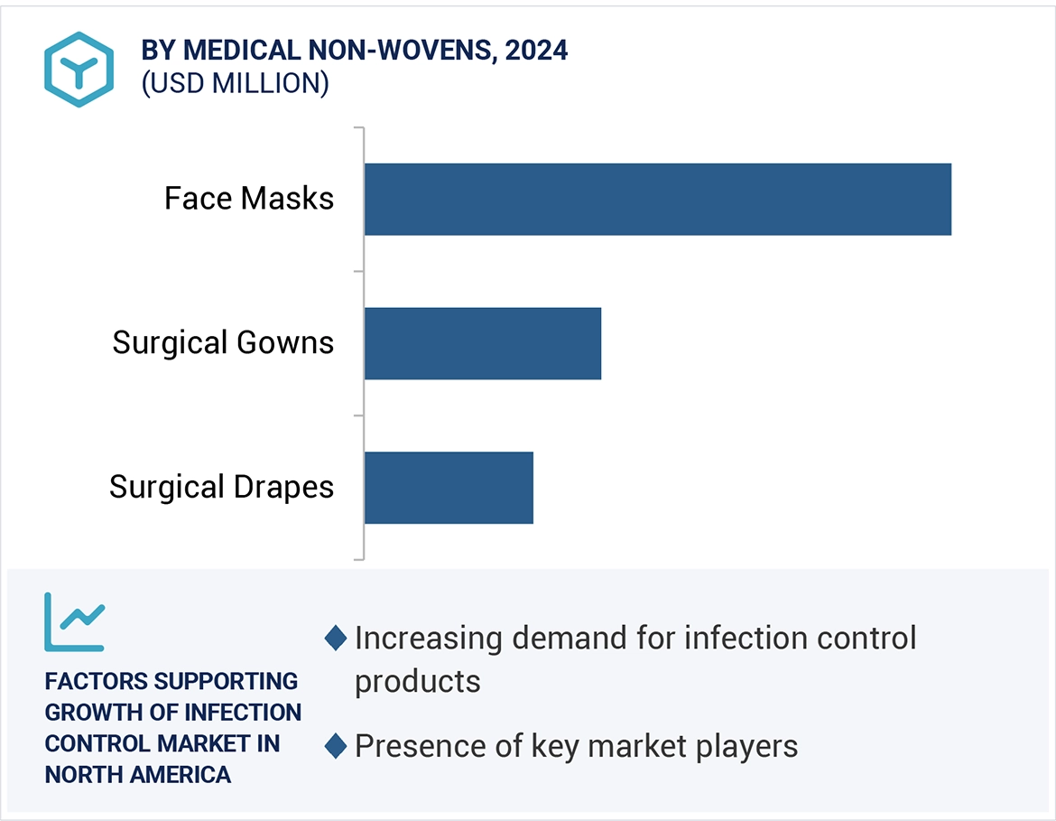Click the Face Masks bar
(x=657, y=199)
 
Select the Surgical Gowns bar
(x=482, y=343)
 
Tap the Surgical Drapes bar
(x=449, y=488)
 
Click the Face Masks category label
(x=249, y=199)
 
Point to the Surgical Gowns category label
(x=223, y=343)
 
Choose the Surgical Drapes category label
(x=221, y=488)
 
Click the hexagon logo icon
(x=79, y=69)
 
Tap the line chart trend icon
(x=75, y=622)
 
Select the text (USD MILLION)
(x=235, y=83)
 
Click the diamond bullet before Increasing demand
(x=336, y=639)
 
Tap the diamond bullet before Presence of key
(x=336, y=747)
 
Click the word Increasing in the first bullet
(x=428, y=639)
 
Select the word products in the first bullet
(x=417, y=681)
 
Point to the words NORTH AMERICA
(x=138, y=774)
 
